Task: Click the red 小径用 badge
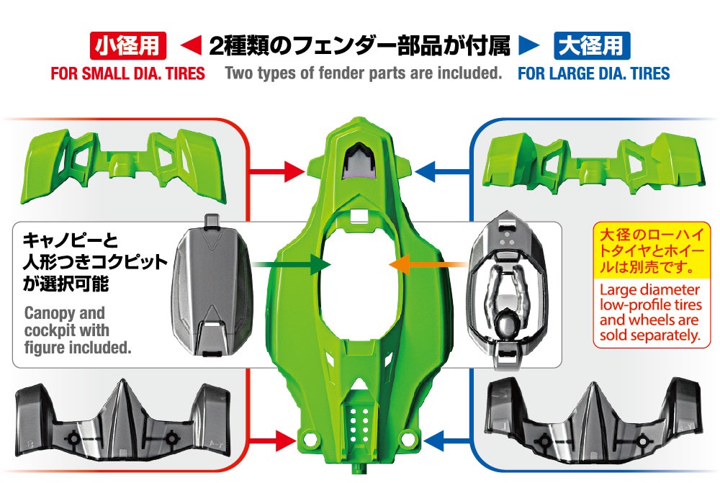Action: [127, 45]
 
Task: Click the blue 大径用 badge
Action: [592, 45]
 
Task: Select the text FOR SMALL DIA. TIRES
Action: [127, 73]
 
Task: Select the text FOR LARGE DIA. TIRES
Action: [594, 73]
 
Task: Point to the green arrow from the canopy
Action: [292, 265]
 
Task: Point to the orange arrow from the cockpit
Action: [428, 265]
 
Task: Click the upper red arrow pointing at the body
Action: [276, 172]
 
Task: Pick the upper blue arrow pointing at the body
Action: [442, 172]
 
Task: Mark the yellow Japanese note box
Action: [651, 250]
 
